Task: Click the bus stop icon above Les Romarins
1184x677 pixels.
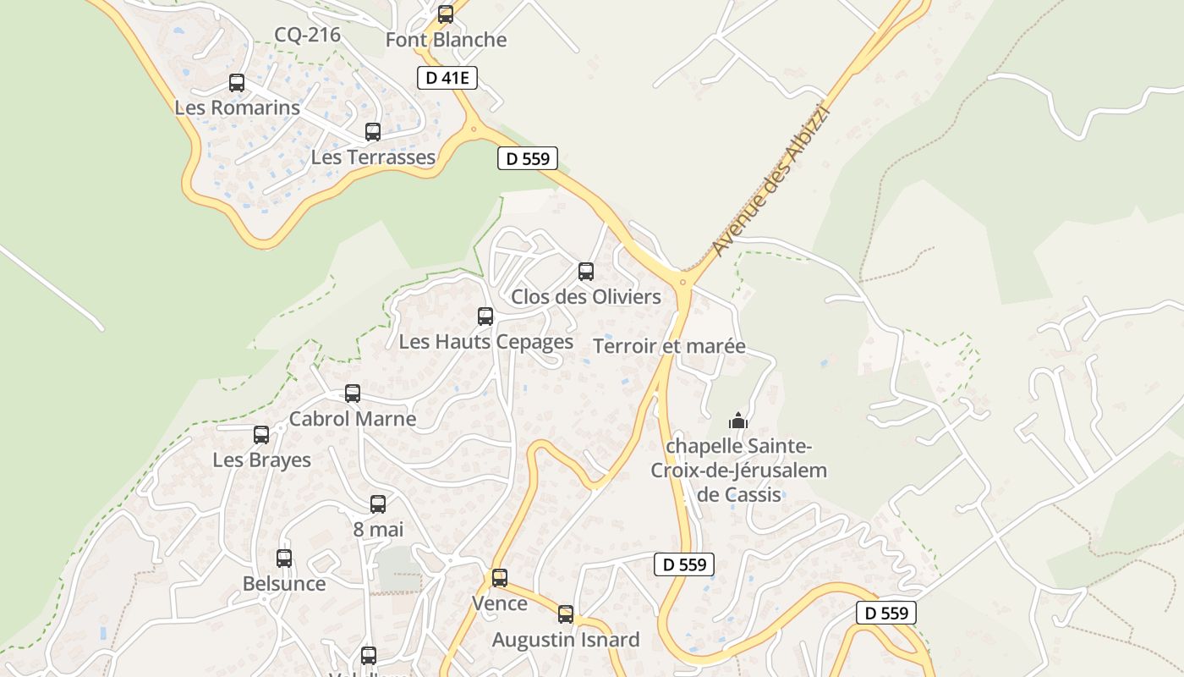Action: [x=237, y=83]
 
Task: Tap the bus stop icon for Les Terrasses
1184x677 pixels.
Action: [x=373, y=132]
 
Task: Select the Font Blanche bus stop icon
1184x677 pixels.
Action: [x=446, y=14]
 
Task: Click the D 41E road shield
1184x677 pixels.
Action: [x=447, y=79]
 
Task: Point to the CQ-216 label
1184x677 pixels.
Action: [x=307, y=35]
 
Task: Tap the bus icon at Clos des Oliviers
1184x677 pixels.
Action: [x=586, y=272]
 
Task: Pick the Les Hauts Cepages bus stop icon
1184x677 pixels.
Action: [x=485, y=316]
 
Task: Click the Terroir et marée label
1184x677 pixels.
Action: [x=669, y=346]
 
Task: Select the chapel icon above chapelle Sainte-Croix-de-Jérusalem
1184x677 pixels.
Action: [x=738, y=421]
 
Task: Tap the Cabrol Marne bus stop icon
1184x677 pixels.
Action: [x=353, y=394]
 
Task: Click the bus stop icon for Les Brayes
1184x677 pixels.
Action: [x=261, y=435]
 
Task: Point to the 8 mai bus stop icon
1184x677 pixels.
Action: [x=378, y=504]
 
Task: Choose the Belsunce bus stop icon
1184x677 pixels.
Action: [x=284, y=559]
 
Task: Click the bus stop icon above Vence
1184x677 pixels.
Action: [x=500, y=578]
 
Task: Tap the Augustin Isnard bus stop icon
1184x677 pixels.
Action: [x=566, y=614]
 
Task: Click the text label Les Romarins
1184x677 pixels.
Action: [x=237, y=108]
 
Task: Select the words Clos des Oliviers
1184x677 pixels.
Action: [x=586, y=297]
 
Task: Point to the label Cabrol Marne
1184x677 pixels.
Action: [x=353, y=419]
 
